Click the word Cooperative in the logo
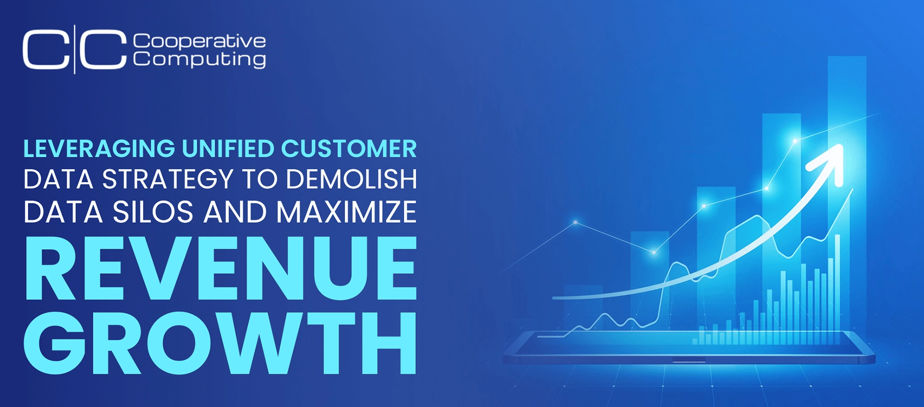pyautogui.click(x=199, y=41)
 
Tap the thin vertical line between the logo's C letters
pyautogui.click(x=75, y=49)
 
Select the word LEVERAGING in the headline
pyautogui.click(x=99, y=149)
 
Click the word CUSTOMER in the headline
pyautogui.click(x=349, y=149)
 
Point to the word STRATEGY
pyautogui.click(x=168, y=179)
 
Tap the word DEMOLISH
pyautogui.click(x=351, y=179)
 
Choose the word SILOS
pyautogui.click(x=153, y=212)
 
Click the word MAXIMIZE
pyautogui.click(x=346, y=212)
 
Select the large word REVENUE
pyautogui.click(x=220, y=268)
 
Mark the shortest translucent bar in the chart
pyautogui.click(x=583, y=308)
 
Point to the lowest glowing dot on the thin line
pyautogui.click(x=654, y=252)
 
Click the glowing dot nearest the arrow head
pyautogui.click(x=795, y=141)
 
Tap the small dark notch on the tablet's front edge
pyautogui.click(x=689, y=360)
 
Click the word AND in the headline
pyautogui.click(x=235, y=212)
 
